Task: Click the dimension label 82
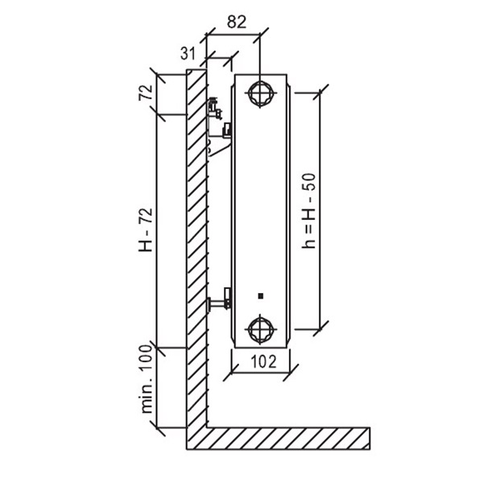(x=237, y=23)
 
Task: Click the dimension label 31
(x=188, y=53)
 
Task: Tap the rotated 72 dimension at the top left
(x=146, y=92)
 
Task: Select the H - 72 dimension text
(x=146, y=229)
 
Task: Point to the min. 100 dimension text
(x=147, y=379)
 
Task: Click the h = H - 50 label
(x=309, y=211)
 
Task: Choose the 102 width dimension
(x=264, y=361)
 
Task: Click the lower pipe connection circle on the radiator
(x=261, y=329)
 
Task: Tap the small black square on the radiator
(x=261, y=296)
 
